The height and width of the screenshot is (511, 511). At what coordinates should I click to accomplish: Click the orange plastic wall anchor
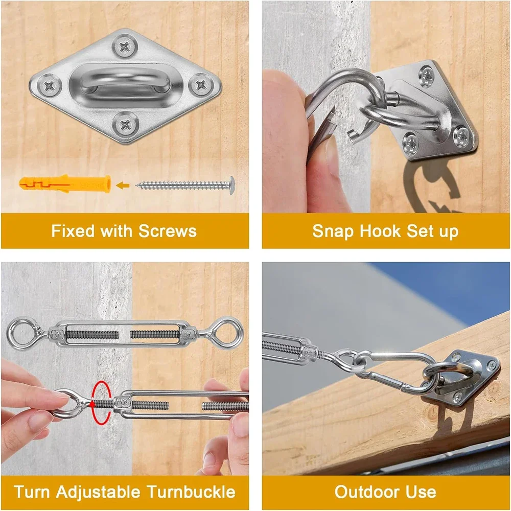64,183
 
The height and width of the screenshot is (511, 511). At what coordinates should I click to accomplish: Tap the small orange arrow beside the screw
122,184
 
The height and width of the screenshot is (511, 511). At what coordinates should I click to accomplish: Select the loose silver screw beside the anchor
185,184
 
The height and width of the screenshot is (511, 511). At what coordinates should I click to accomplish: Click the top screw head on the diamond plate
124,47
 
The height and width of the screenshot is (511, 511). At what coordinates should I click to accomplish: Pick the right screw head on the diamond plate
199,84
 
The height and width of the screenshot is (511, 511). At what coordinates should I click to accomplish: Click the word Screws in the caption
167,231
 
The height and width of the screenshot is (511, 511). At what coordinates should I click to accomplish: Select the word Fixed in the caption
73,231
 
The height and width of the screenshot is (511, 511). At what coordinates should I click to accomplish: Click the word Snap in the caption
333,231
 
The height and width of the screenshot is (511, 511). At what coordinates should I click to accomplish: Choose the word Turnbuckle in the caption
191,492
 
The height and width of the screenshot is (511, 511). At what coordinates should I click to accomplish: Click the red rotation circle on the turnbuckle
100,402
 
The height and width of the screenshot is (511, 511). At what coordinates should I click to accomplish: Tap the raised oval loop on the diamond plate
124,84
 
